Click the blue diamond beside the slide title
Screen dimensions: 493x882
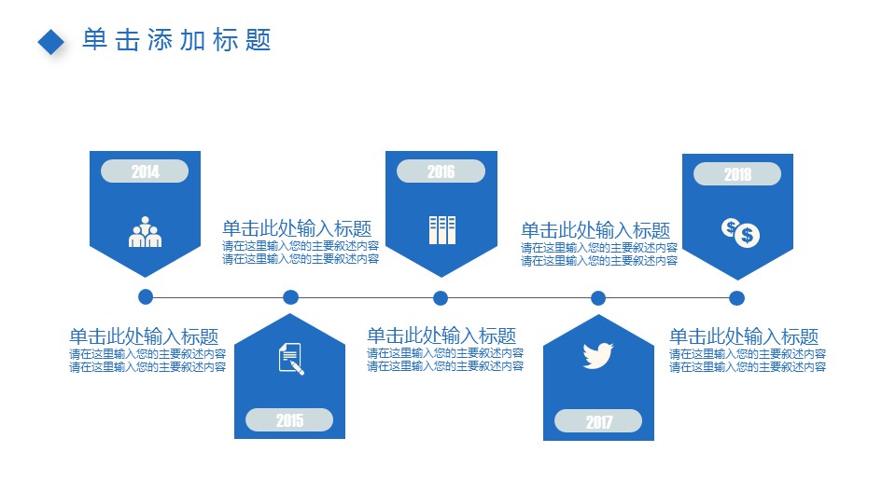pos(51,41)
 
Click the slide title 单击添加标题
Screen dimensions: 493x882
pos(176,40)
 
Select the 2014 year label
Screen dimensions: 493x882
pos(145,171)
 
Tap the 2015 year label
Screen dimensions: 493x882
pos(289,420)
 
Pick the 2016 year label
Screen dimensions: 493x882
pos(441,171)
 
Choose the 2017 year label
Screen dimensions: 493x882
pos(598,422)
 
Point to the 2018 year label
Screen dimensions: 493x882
pos(736,174)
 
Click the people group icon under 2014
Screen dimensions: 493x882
pos(145,232)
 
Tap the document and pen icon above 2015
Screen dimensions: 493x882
pos(291,358)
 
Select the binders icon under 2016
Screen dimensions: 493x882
pos(441,229)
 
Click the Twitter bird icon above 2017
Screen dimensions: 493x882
pos(597,355)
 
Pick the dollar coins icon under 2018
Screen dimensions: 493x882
pos(741,232)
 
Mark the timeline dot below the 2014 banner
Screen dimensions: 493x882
pos(145,297)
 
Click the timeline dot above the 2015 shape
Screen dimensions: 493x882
pos(290,297)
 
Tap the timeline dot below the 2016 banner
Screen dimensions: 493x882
pos(441,298)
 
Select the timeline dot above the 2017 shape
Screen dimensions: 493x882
pos(598,298)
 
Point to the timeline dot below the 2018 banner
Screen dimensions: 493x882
pos(736,298)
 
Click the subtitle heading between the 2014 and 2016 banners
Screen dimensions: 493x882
pos(297,229)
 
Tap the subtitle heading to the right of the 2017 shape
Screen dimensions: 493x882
pos(744,337)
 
